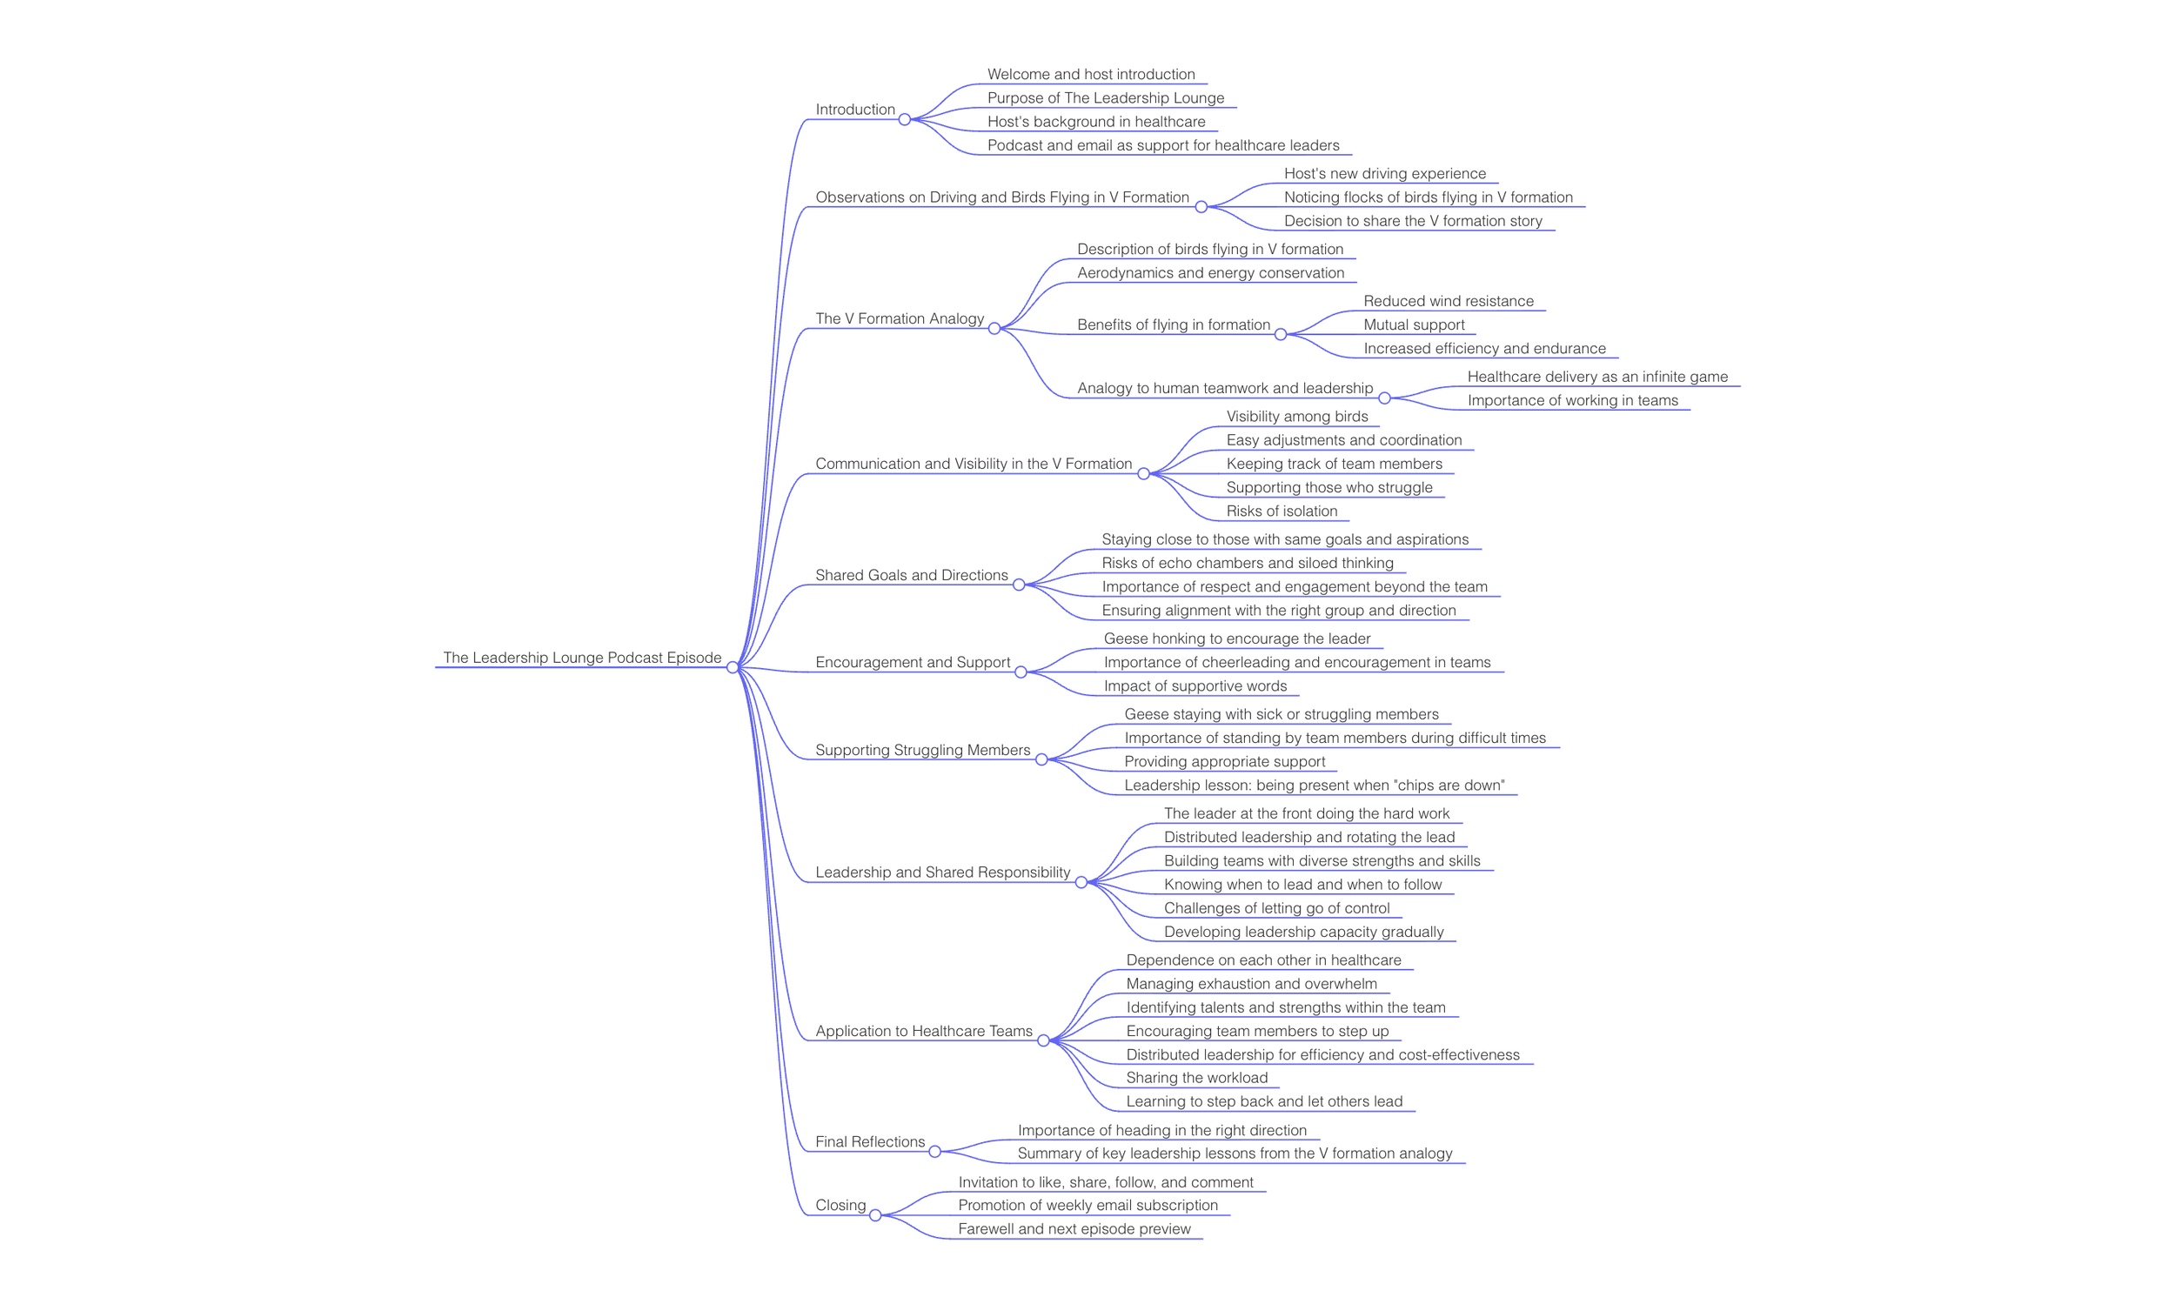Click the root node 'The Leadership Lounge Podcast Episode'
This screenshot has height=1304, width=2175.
[x=582, y=658]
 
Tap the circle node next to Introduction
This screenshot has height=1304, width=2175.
[x=904, y=119]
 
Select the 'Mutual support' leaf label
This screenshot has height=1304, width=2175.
[x=1413, y=324]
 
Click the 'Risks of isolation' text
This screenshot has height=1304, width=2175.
[x=1282, y=511]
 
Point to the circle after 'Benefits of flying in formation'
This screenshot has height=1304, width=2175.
[x=1281, y=335]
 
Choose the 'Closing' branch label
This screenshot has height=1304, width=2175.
[x=840, y=1205]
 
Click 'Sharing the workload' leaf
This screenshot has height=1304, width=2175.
[x=1196, y=1077]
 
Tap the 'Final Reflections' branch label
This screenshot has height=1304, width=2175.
[x=869, y=1141]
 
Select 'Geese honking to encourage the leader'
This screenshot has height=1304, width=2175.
[x=1236, y=639]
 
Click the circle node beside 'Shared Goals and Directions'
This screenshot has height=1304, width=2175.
[x=1019, y=585]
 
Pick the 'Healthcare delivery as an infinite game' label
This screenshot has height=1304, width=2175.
[x=1596, y=376]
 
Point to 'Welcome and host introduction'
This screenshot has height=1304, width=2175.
[x=1091, y=75]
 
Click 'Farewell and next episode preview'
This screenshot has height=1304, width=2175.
[x=1074, y=1228]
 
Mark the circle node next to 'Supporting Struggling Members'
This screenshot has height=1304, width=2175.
[x=1041, y=760]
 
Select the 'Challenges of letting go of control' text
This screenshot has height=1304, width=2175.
[x=1276, y=907]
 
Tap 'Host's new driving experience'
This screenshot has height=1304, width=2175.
[x=1384, y=173]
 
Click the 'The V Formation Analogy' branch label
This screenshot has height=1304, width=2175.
[x=899, y=318]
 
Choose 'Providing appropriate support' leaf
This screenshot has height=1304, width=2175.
[x=1224, y=761]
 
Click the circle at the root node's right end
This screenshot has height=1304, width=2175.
[x=732, y=668]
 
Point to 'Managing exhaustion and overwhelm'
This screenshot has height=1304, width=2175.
[x=1250, y=983]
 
